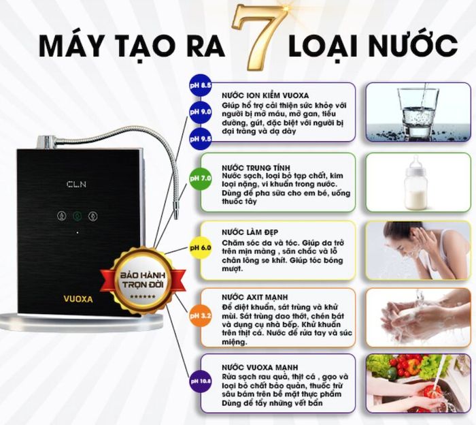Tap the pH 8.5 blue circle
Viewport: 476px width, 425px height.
(x=200, y=85)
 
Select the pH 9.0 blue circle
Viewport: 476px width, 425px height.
(x=200, y=112)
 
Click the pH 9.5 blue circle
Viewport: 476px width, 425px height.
(x=200, y=139)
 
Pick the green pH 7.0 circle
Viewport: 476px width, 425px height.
(x=200, y=178)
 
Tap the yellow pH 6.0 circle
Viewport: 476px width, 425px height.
(x=200, y=248)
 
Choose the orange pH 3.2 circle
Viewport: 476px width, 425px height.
(x=200, y=316)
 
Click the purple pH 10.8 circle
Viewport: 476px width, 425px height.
(x=200, y=381)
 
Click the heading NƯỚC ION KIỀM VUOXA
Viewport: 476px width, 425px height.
(x=265, y=95)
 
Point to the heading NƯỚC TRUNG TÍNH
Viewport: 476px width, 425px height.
(x=256, y=168)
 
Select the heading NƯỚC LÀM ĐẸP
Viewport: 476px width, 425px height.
(x=250, y=232)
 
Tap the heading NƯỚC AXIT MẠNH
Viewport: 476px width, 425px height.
(x=255, y=298)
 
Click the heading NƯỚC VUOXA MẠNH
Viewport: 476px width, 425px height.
(x=260, y=367)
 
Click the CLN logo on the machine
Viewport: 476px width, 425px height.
(x=76, y=184)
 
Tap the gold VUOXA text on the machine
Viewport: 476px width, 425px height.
(x=78, y=299)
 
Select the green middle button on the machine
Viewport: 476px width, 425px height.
(x=78, y=216)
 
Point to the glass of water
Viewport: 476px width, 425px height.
(x=418, y=112)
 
